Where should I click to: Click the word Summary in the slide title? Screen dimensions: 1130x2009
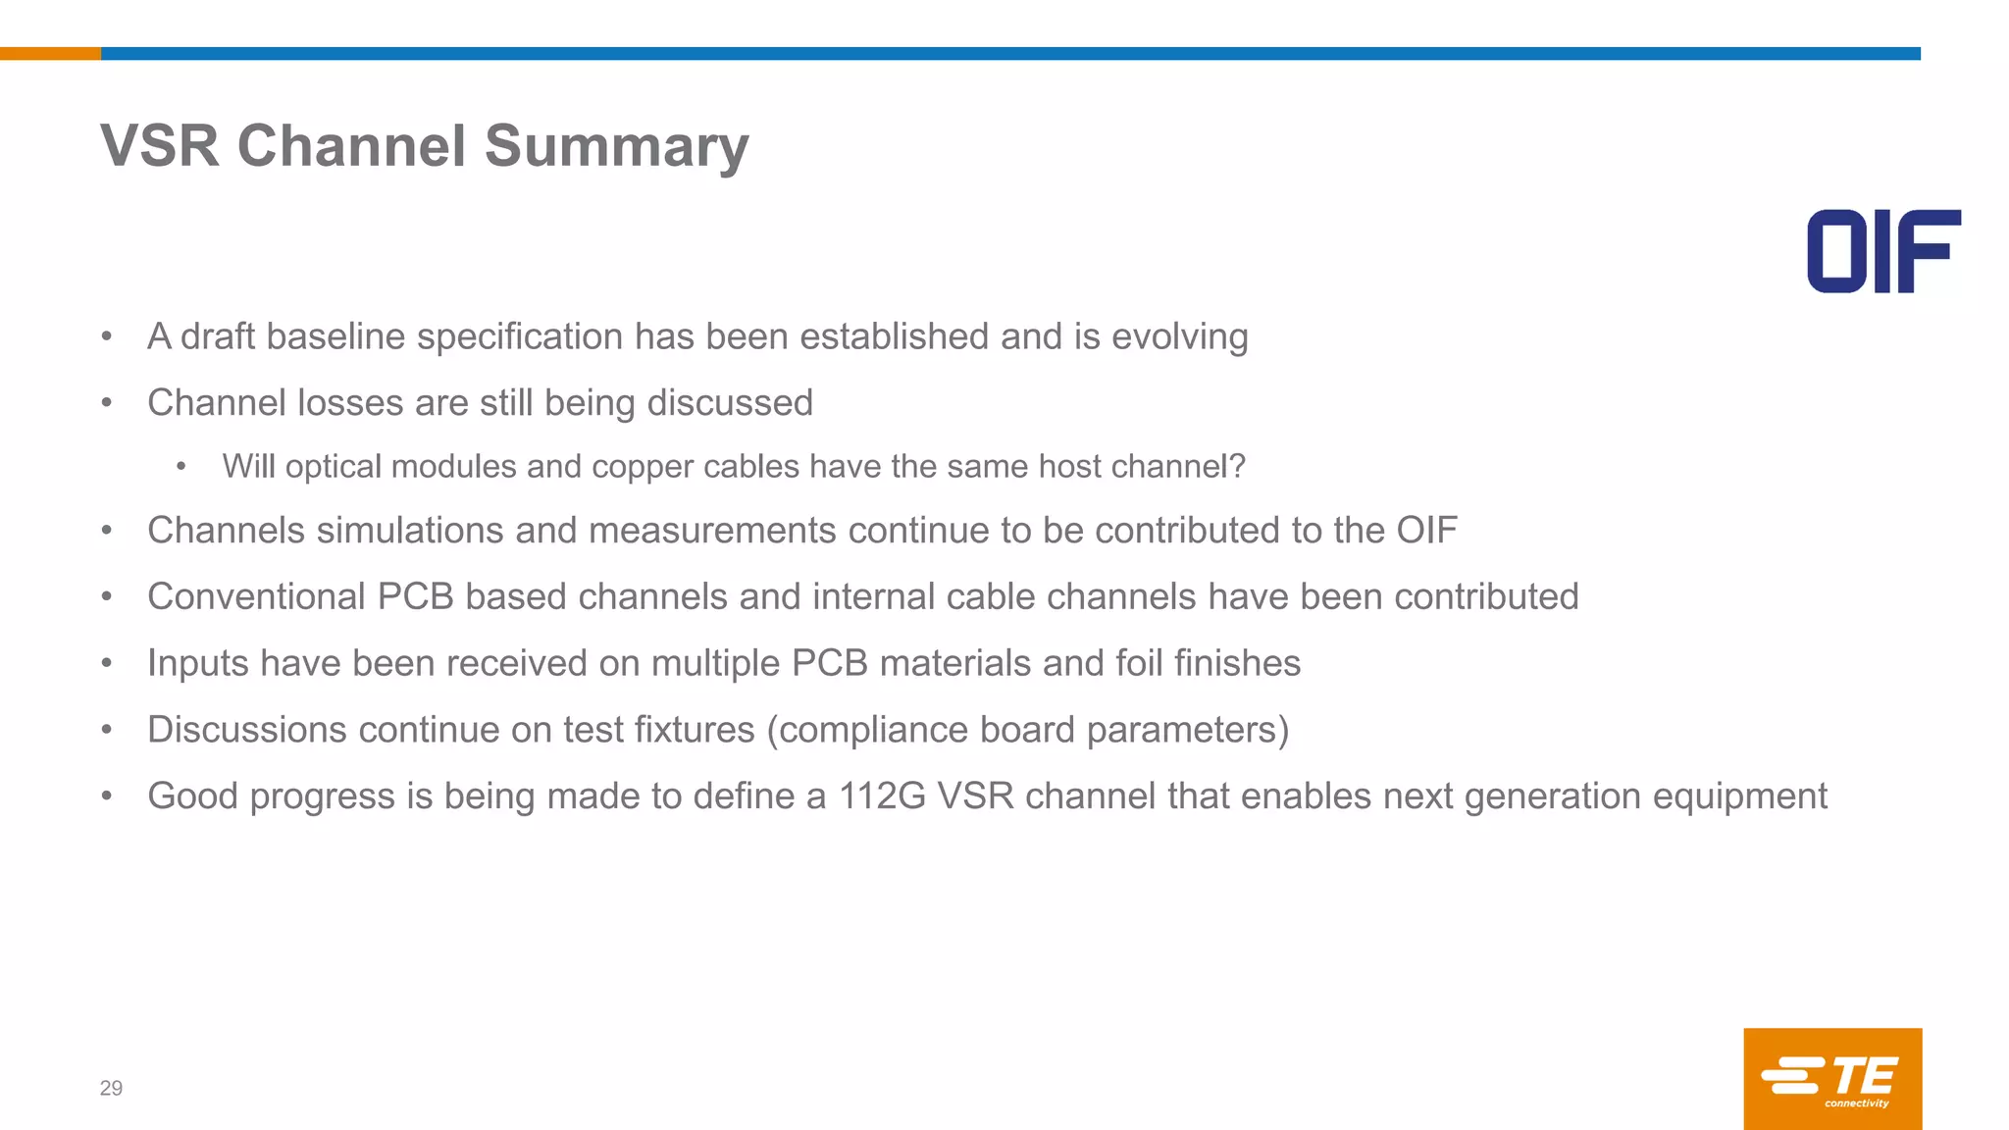pyautogui.click(x=616, y=147)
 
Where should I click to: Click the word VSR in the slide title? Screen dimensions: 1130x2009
pyautogui.click(x=159, y=147)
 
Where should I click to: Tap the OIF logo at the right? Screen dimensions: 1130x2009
pyautogui.click(x=1883, y=251)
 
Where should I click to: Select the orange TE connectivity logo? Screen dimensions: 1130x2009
pyautogui.click(x=1832, y=1078)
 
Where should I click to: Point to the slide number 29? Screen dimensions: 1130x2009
pyautogui.click(x=111, y=1088)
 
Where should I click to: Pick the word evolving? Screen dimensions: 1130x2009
pyautogui.click(x=1179, y=336)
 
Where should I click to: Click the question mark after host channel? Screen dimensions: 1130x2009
pyautogui.click(x=1238, y=466)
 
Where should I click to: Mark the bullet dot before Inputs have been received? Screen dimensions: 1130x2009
pyautogui.click(x=107, y=664)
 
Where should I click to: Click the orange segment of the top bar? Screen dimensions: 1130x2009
pyautogui.click(x=50, y=54)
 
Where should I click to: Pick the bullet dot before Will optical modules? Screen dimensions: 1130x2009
pyautogui.click(x=181, y=467)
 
